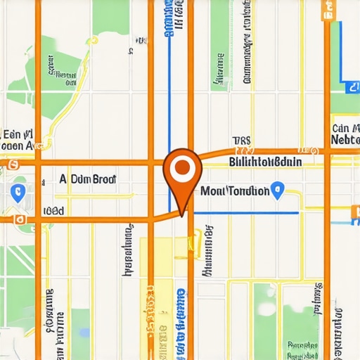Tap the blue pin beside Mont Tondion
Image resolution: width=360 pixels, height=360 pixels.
278,188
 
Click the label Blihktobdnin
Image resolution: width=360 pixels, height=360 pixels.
266,162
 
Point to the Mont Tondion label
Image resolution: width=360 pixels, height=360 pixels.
235,191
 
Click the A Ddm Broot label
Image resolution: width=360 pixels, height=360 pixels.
87,179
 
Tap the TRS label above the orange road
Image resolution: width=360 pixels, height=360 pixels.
241,141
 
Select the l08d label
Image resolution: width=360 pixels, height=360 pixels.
53,210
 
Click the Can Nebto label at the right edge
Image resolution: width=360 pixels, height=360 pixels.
345,134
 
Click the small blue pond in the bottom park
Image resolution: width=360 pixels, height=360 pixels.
85,332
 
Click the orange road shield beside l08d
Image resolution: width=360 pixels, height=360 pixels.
20,219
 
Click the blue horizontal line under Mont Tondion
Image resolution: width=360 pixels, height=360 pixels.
246,212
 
